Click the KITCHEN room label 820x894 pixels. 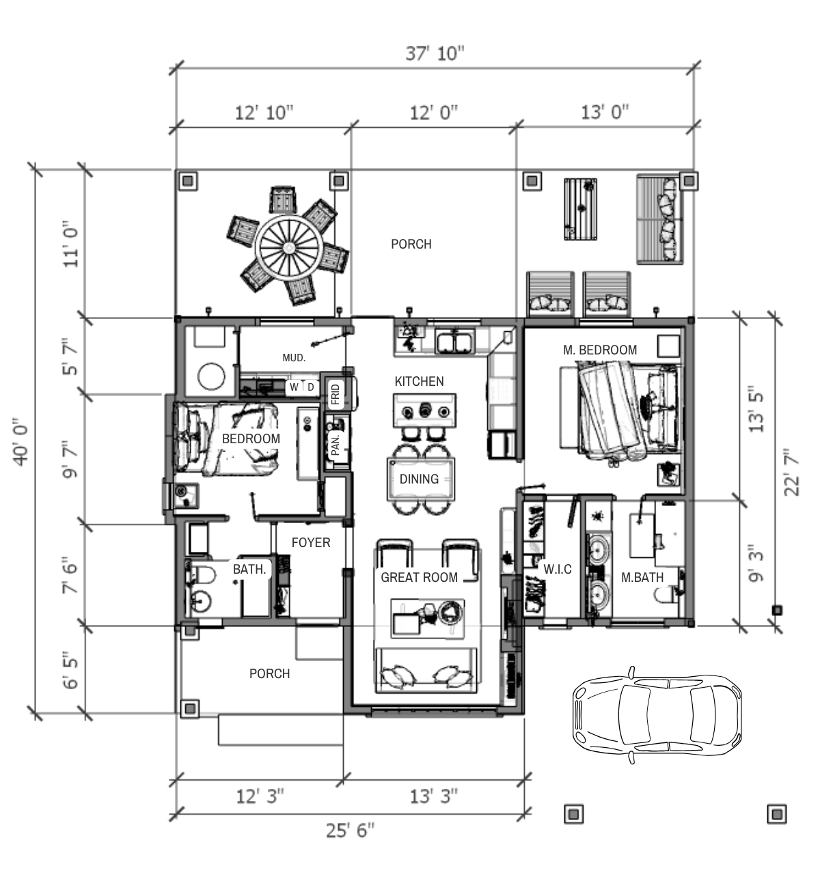419,382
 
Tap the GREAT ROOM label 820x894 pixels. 419,578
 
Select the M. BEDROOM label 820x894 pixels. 600,350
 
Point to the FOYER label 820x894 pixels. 311,542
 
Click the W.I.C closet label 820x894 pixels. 558,569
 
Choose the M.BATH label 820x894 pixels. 642,578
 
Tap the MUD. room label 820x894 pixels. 294,357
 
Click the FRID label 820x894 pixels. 336,394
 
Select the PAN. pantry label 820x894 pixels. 336,445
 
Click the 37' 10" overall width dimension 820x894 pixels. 435,53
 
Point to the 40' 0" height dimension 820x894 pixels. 21,442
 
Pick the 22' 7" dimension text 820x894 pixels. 791,473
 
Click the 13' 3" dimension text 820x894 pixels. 433,796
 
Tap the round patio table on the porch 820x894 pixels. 289,248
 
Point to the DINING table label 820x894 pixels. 419,479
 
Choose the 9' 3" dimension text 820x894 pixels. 756,563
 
